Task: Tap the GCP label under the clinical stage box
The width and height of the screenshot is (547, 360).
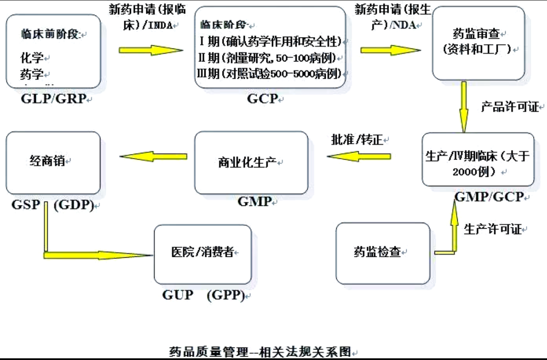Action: click(x=263, y=99)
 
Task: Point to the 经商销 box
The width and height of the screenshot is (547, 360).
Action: click(x=53, y=163)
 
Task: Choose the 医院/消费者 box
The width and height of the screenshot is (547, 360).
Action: click(x=202, y=254)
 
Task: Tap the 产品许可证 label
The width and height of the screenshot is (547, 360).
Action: click(x=509, y=107)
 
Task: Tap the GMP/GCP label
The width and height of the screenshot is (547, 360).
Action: click(x=489, y=197)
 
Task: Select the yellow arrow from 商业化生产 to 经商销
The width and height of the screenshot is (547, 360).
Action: click(x=153, y=157)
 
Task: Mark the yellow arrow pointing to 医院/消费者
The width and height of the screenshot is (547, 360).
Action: click(x=97, y=255)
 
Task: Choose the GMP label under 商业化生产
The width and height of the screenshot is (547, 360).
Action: click(x=254, y=202)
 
